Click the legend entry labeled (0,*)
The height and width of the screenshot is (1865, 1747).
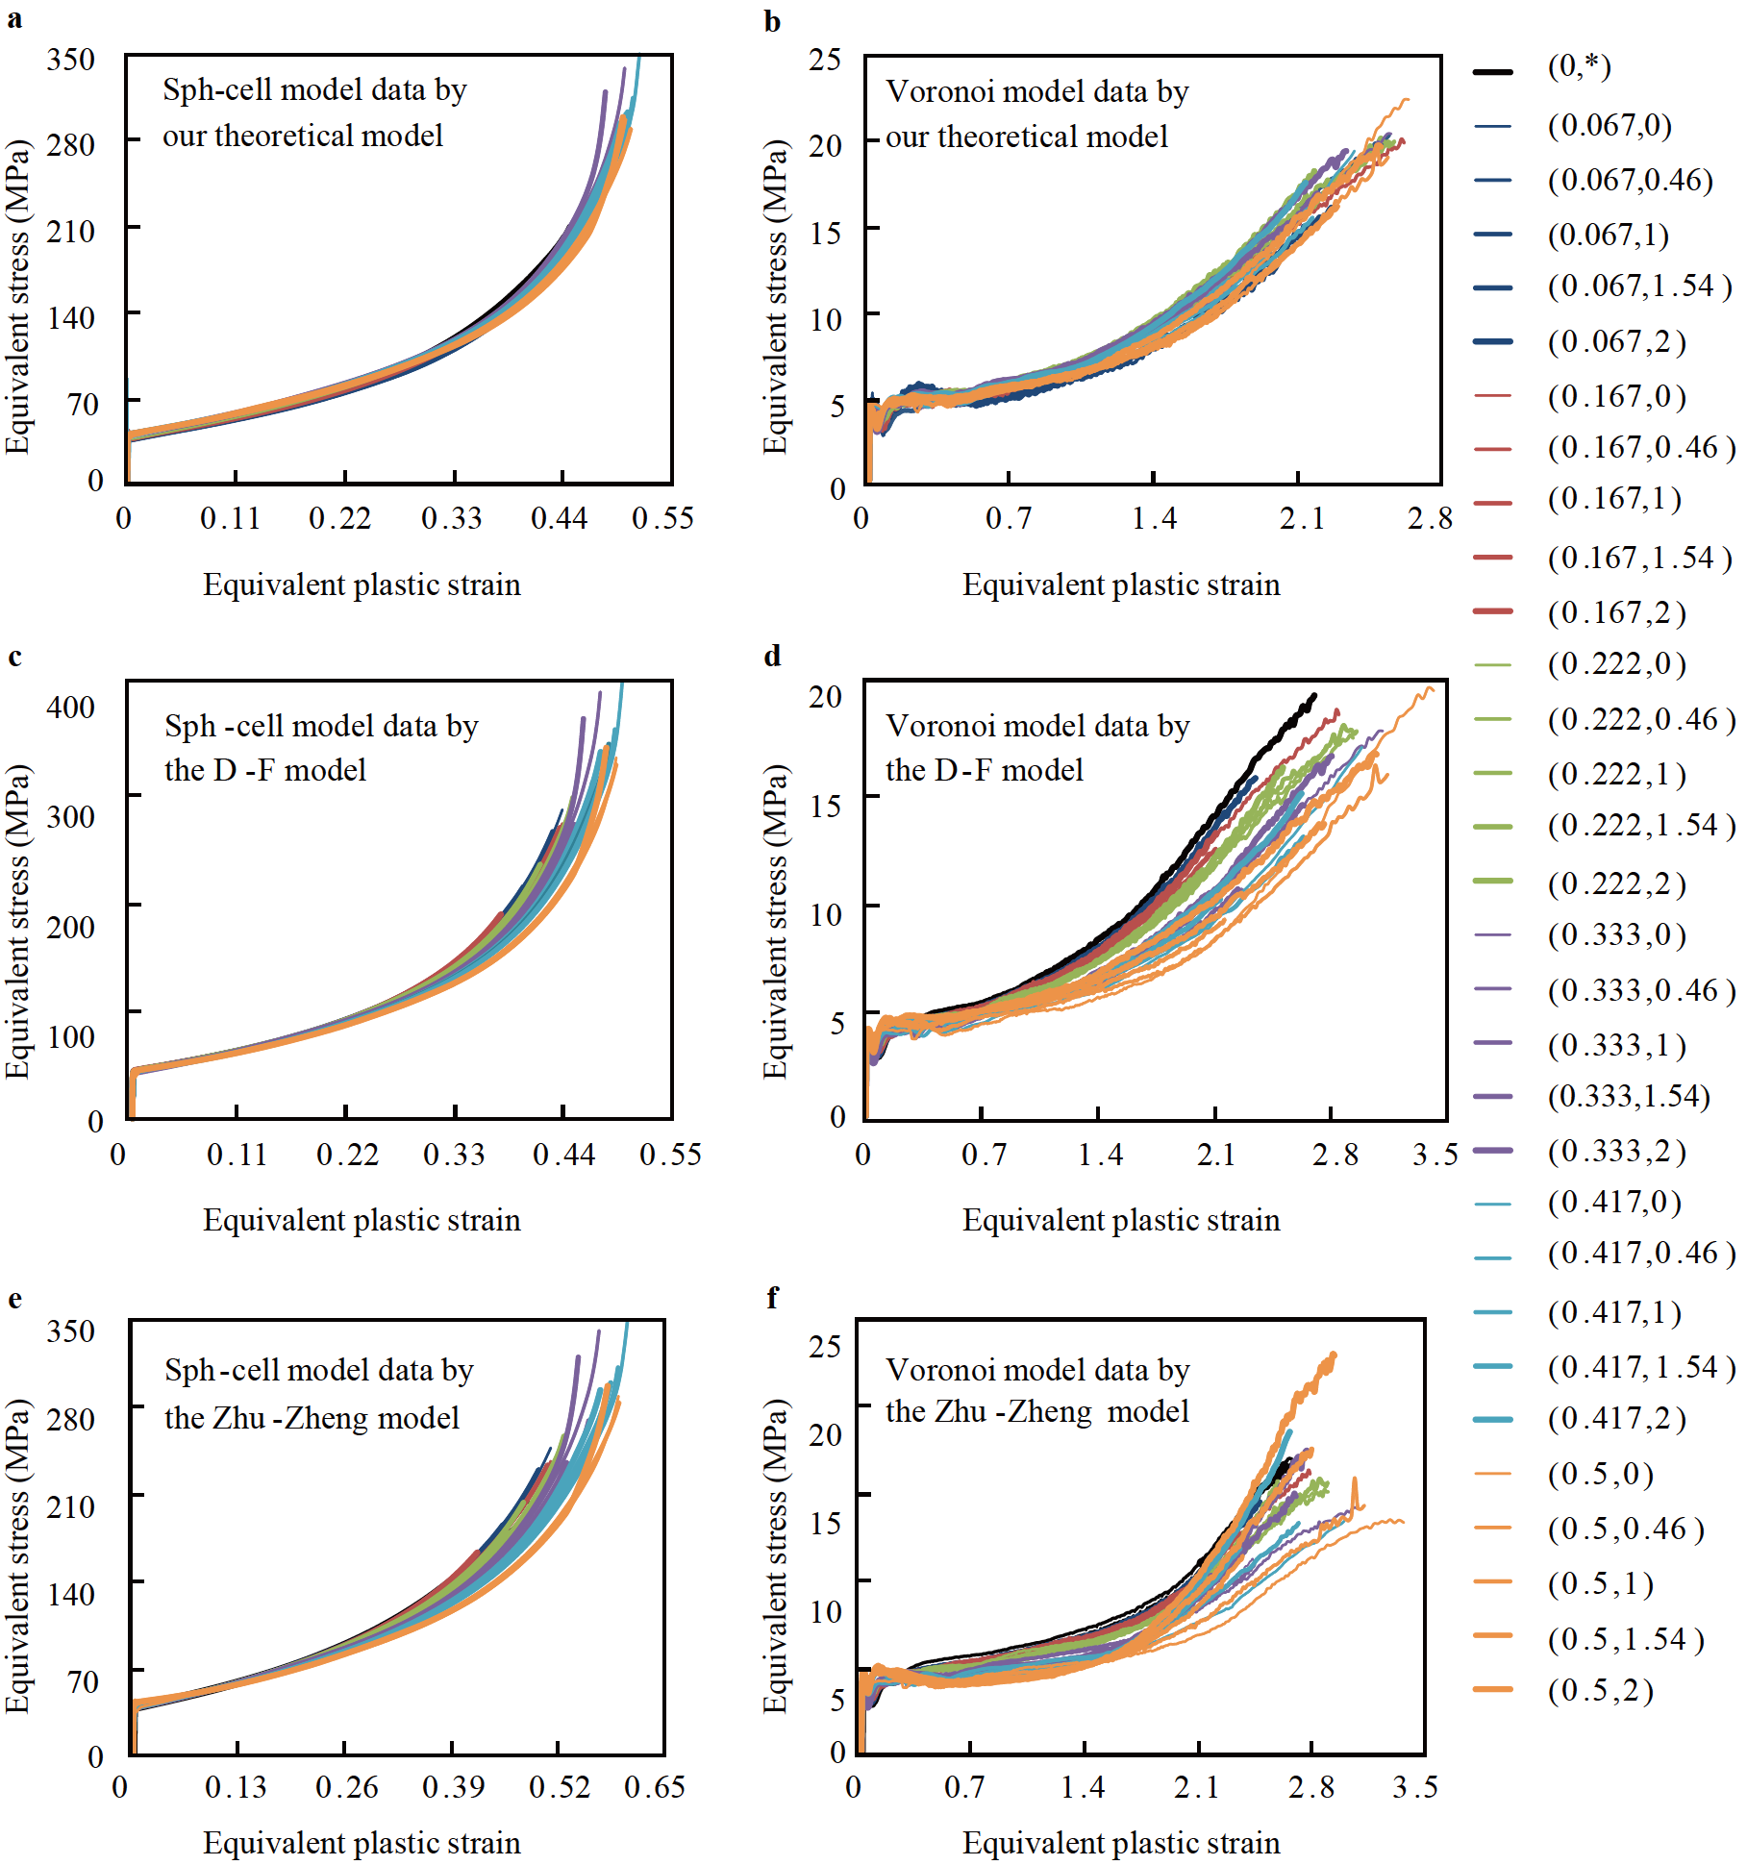1579,66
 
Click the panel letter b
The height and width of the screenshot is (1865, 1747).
772,21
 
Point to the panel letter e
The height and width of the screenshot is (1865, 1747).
14,1299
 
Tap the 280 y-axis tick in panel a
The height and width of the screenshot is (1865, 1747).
70,145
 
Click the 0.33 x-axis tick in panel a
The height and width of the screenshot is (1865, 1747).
451,519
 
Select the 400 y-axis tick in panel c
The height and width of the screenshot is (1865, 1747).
70,708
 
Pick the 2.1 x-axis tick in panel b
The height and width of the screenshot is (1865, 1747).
1301,519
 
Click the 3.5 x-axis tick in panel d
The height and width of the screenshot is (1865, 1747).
1435,1155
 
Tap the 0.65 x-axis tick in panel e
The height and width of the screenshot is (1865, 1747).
654,1787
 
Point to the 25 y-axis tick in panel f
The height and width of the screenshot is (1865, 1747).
825,1346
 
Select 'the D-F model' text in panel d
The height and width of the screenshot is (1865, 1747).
984,770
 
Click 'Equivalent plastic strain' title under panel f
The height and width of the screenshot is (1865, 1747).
1121,1843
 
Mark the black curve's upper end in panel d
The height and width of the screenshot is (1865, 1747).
1313,696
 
